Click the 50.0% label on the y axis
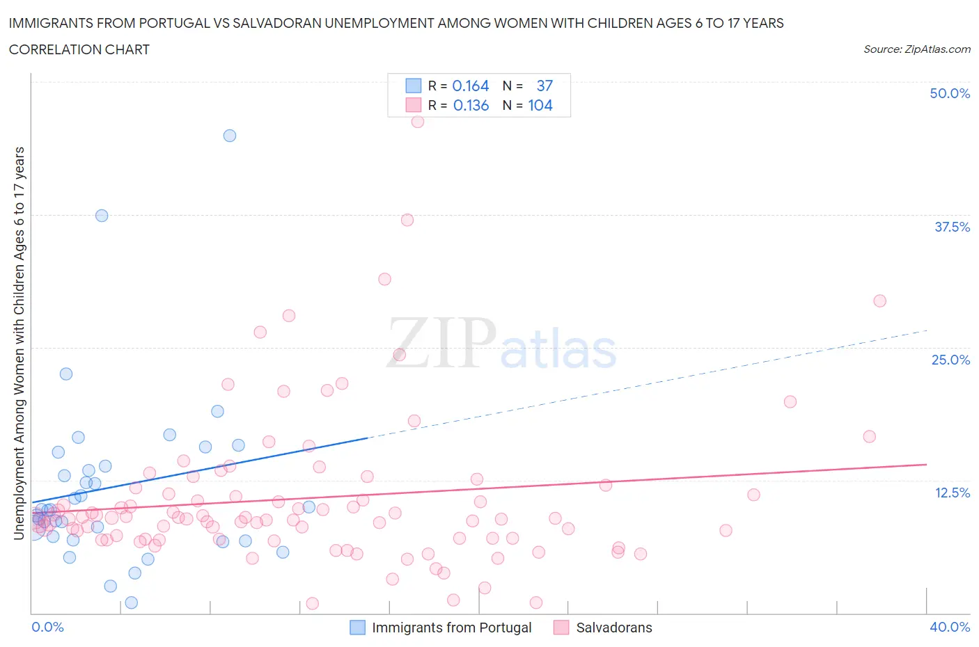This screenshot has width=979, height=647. tap(950, 93)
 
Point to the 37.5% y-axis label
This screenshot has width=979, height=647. tap(952, 227)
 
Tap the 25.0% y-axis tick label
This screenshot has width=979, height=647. tap(950, 360)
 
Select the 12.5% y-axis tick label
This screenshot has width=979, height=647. tap(952, 493)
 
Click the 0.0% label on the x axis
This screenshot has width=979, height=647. tap(47, 627)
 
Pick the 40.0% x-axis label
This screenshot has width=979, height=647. tap(950, 627)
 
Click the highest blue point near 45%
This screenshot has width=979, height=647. tap(230, 136)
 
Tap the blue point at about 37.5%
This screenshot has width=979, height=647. tap(102, 216)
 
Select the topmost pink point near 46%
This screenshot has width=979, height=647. tap(418, 122)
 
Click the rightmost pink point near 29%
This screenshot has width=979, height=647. tap(879, 301)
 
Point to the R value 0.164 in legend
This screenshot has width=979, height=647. tap(471, 86)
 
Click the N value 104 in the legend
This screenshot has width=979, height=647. tap(540, 106)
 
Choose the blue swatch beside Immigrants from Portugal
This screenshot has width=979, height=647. tap(357, 628)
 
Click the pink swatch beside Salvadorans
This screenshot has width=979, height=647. tap(561, 628)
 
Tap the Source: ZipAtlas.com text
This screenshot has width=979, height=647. tap(916, 49)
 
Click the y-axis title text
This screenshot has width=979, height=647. tap(19, 343)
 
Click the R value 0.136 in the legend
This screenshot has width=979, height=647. tap(471, 106)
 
